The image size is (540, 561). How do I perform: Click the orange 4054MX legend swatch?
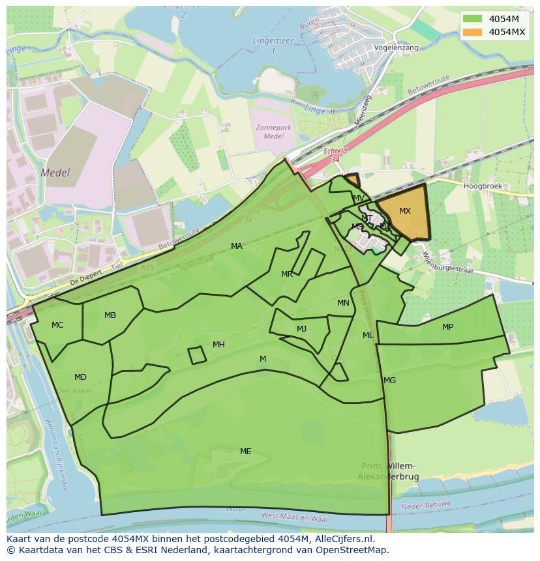473,32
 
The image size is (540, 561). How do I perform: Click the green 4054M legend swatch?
473,19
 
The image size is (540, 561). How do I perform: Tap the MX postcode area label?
405,211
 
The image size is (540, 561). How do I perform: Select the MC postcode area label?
57,324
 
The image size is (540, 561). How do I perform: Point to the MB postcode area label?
110,315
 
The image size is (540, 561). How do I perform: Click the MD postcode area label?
80,377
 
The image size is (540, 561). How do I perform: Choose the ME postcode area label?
245,451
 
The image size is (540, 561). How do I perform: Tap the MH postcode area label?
218,345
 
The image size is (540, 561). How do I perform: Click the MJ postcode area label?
301,329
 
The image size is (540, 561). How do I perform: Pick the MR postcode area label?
287,274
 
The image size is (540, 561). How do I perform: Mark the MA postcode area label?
237,246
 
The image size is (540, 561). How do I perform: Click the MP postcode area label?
447,327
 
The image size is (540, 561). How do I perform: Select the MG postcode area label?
389,381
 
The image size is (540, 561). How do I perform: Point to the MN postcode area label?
343,303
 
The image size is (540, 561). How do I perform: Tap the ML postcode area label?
368,336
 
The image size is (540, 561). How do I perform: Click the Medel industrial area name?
55,173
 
